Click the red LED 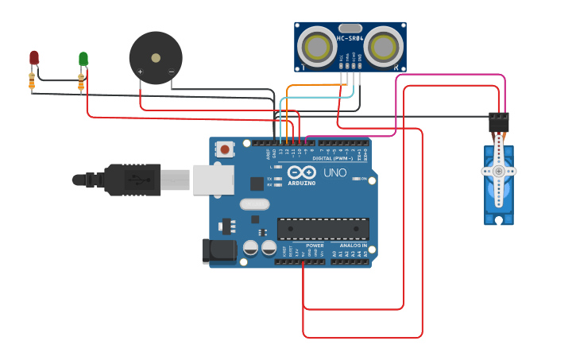[34, 57]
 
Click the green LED [83, 59]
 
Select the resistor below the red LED [32, 80]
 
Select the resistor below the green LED [81, 81]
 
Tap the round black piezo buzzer [156, 58]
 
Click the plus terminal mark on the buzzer [141, 72]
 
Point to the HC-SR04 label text [350, 38]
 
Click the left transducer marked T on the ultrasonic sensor [318, 47]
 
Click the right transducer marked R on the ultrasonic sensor [382, 47]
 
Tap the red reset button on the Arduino [226, 149]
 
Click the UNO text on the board [334, 172]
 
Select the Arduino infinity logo [302, 172]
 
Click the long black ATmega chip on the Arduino [323, 229]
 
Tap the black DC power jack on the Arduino [218, 250]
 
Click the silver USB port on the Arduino [212, 180]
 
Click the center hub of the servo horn [499, 171]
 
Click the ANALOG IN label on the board [354, 246]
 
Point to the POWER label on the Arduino [315, 246]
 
